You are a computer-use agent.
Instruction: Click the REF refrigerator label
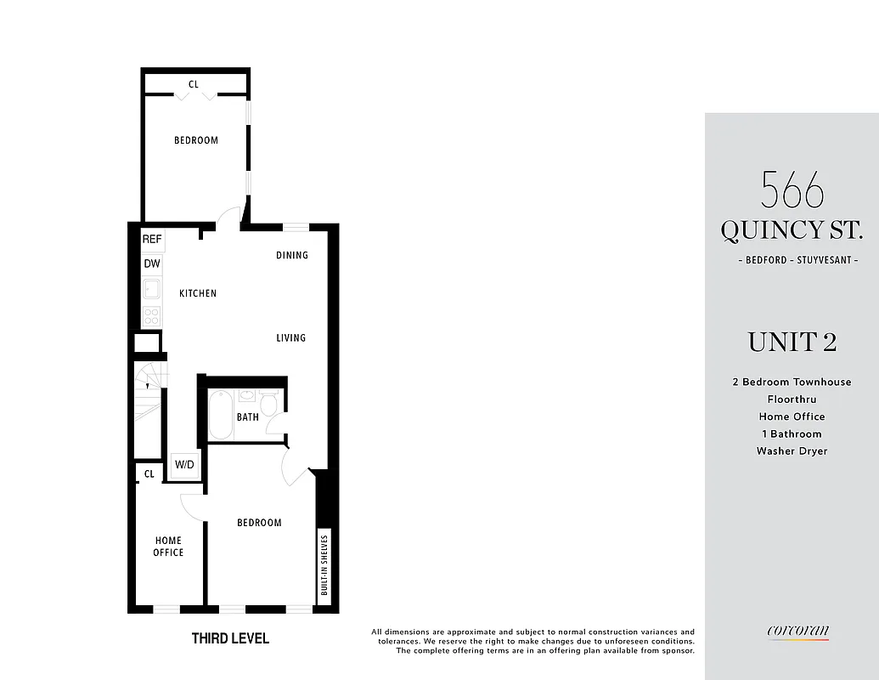point(152,240)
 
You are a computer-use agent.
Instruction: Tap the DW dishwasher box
point(152,263)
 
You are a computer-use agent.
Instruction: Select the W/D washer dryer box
point(184,464)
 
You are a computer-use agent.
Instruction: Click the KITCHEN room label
point(198,293)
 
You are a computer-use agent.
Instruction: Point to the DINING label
point(291,255)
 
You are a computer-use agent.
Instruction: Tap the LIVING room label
point(290,337)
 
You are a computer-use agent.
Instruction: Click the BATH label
point(248,417)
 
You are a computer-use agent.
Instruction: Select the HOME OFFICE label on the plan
point(168,547)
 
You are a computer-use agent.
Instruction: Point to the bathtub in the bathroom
point(221,414)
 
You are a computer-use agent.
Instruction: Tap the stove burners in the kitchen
point(152,316)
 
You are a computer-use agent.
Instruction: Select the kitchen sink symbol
point(152,289)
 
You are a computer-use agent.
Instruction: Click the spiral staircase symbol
point(149,388)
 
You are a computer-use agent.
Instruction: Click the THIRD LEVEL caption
point(230,638)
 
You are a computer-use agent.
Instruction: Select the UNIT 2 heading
point(792,342)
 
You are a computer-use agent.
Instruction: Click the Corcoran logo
point(797,631)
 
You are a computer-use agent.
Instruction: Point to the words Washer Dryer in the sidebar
point(792,451)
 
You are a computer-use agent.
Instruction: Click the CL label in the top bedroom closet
point(194,84)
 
